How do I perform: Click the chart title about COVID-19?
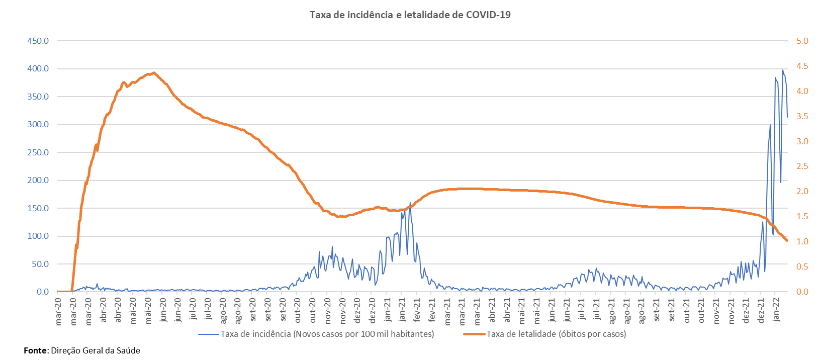(410, 15)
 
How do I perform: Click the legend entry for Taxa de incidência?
(327, 334)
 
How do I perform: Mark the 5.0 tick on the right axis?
(802, 41)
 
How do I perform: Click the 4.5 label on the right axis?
(802, 66)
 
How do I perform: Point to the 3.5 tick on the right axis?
(802, 116)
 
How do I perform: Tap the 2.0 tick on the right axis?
(802, 191)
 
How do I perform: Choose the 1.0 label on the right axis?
(802, 241)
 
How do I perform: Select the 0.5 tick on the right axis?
(802, 266)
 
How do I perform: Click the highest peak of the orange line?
(154, 72)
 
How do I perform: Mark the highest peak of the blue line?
(783, 70)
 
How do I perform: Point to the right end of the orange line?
(787, 241)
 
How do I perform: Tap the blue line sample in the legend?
(209, 334)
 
